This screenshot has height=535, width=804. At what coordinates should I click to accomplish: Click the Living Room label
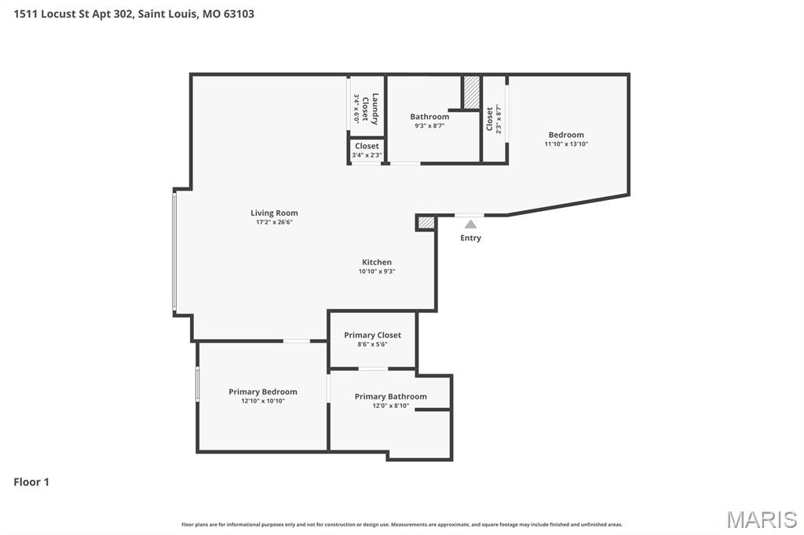[274, 213]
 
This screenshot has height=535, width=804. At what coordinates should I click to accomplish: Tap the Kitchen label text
[376, 262]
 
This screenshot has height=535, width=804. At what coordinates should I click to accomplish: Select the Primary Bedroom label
[263, 391]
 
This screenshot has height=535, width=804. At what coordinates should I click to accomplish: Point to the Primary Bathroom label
[390, 396]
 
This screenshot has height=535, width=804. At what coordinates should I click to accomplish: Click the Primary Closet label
[372, 335]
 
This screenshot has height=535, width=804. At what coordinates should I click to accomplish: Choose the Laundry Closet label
[370, 109]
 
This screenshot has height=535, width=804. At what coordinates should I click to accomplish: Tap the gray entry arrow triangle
[470, 224]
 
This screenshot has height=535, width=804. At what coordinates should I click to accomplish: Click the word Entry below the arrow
[470, 238]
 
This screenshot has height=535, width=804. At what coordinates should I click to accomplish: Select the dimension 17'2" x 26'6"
[274, 222]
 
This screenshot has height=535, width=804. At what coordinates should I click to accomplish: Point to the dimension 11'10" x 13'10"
[566, 144]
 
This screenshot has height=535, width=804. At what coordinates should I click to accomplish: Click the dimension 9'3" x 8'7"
[429, 126]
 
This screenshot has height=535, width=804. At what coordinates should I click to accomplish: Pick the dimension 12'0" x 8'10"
[390, 406]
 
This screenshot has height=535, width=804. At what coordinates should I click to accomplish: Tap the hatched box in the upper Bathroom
[471, 93]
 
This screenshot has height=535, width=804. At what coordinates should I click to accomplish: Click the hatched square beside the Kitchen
[426, 223]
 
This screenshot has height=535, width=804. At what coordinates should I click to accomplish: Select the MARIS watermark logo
[762, 519]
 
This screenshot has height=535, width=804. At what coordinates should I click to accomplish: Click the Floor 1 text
[31, 482]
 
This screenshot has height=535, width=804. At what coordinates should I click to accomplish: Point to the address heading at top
[134, 13]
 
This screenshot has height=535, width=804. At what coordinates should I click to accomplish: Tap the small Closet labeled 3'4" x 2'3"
[367, 150]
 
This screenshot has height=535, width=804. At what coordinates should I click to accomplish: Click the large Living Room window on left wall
[175, 251]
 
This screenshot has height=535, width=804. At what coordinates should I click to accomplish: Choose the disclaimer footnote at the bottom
[402, 524]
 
